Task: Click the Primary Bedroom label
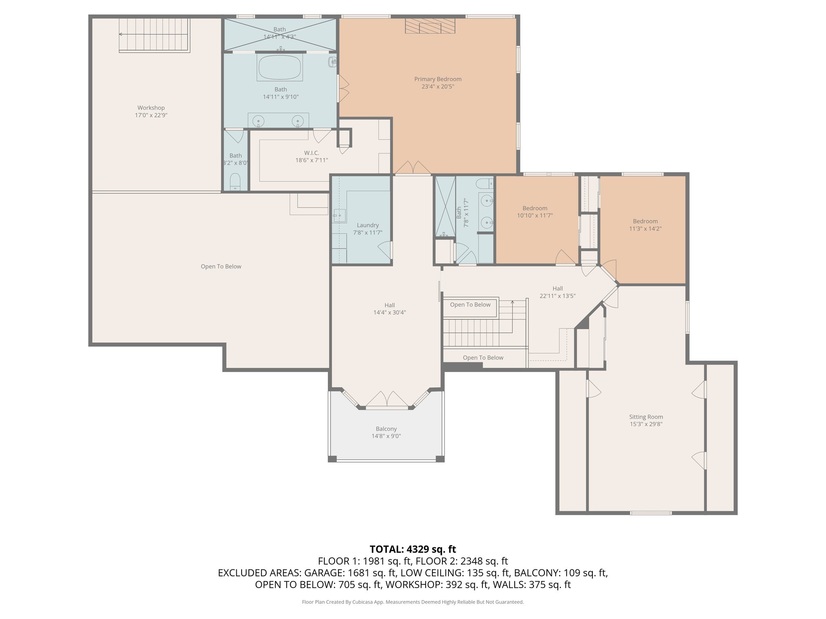point(438,79)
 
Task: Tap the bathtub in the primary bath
point(280,68)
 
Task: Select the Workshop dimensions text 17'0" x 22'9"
point(151,115)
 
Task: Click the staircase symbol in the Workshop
point(154,35)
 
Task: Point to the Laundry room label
point(367,225)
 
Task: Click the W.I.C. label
point(311,153)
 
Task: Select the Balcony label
point(386,429)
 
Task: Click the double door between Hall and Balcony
point(387,399)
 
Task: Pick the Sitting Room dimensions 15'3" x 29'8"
point(646,424)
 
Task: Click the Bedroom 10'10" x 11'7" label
point(535,208)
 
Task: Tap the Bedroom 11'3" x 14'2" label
point(645,221)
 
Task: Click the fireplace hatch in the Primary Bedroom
point(430,27)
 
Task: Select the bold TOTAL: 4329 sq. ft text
point(413,549)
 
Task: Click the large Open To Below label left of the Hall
point(221,266)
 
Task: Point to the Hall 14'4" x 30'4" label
point(389,305)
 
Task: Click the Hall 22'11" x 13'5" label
point(557,289)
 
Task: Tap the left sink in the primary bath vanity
point(258,120)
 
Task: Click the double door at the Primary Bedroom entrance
point(412,168)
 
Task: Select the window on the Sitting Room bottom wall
point(651,513)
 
